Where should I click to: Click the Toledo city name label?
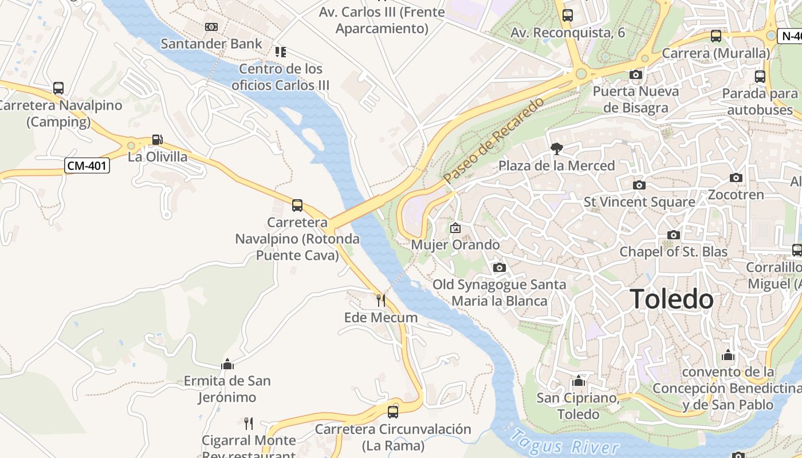[672, 299]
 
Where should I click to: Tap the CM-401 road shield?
[87, 166]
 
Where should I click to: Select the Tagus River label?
[564, 443]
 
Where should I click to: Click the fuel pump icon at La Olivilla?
[157, 140]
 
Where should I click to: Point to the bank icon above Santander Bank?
[211, 27]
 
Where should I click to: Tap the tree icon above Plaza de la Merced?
[556, 149]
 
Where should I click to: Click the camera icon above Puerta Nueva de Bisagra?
[635, 74]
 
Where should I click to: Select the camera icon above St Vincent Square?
[639, 185]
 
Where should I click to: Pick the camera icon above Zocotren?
[736, 178]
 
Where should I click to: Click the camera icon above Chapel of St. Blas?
[674, 235]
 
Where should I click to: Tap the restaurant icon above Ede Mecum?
[380, 300]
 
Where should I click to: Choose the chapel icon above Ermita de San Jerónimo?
[227, 364]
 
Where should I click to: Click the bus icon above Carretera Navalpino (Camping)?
[58, 88]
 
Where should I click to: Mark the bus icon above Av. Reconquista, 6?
[568, 15]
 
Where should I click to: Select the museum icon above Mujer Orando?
[455, 228]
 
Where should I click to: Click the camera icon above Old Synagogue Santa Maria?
[500, 267]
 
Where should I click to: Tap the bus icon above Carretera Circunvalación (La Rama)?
[393, 412]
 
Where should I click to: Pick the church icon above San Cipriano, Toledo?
[579, 381]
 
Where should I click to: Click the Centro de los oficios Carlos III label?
[281, 77]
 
